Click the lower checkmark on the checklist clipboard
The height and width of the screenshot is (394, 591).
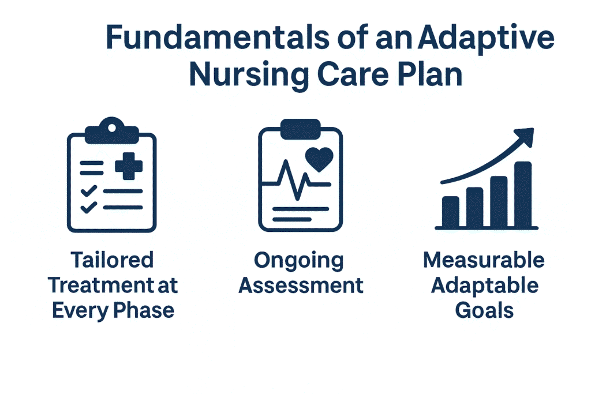[x=88, y=207]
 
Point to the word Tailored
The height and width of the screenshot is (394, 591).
[x=113, y=260]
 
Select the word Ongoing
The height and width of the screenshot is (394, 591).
[x=299, y=260]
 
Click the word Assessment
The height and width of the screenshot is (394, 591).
[x=301, y=286]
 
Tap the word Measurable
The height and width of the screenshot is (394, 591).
[x=484, y=260]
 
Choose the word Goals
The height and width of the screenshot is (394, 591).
[x=484, y=311]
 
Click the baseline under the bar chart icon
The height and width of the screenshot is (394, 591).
[x=485, y=228]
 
